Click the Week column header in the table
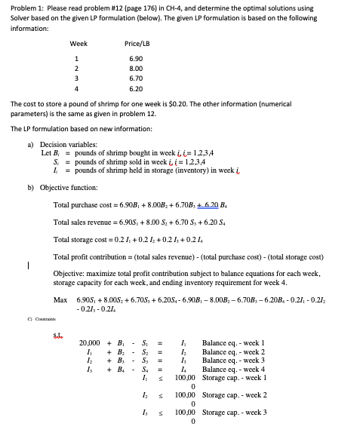pos(78,43)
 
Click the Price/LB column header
pos(136,43)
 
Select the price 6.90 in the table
pos(136,58)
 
